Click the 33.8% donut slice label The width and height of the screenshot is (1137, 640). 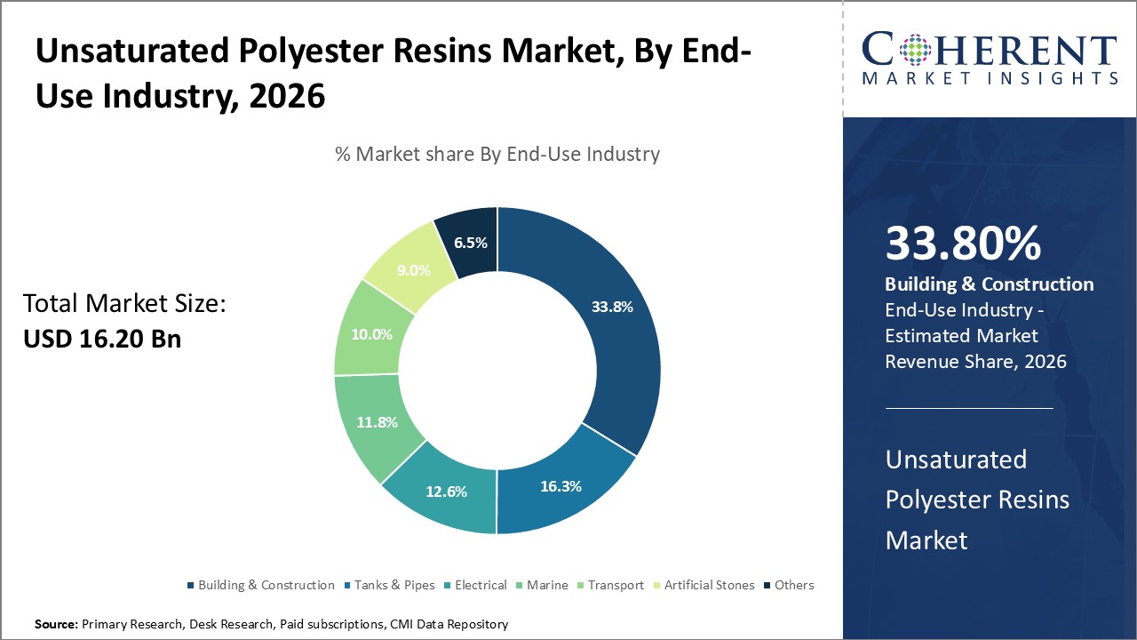pos(612,308)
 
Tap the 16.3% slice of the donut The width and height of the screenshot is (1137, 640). pos(561,486)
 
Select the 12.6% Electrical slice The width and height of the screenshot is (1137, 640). pos(446,491)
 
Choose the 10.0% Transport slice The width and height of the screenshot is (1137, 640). pos(371,334)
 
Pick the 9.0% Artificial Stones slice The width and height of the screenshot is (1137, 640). pos(414,270)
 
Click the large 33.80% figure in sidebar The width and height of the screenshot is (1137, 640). pos(963,244)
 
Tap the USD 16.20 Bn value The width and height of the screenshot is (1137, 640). pos(102,339)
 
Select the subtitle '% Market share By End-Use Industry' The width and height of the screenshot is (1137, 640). pos(497,154)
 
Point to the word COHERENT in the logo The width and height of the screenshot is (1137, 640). pos(990,50)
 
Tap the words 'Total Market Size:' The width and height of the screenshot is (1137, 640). pos(124,304)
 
